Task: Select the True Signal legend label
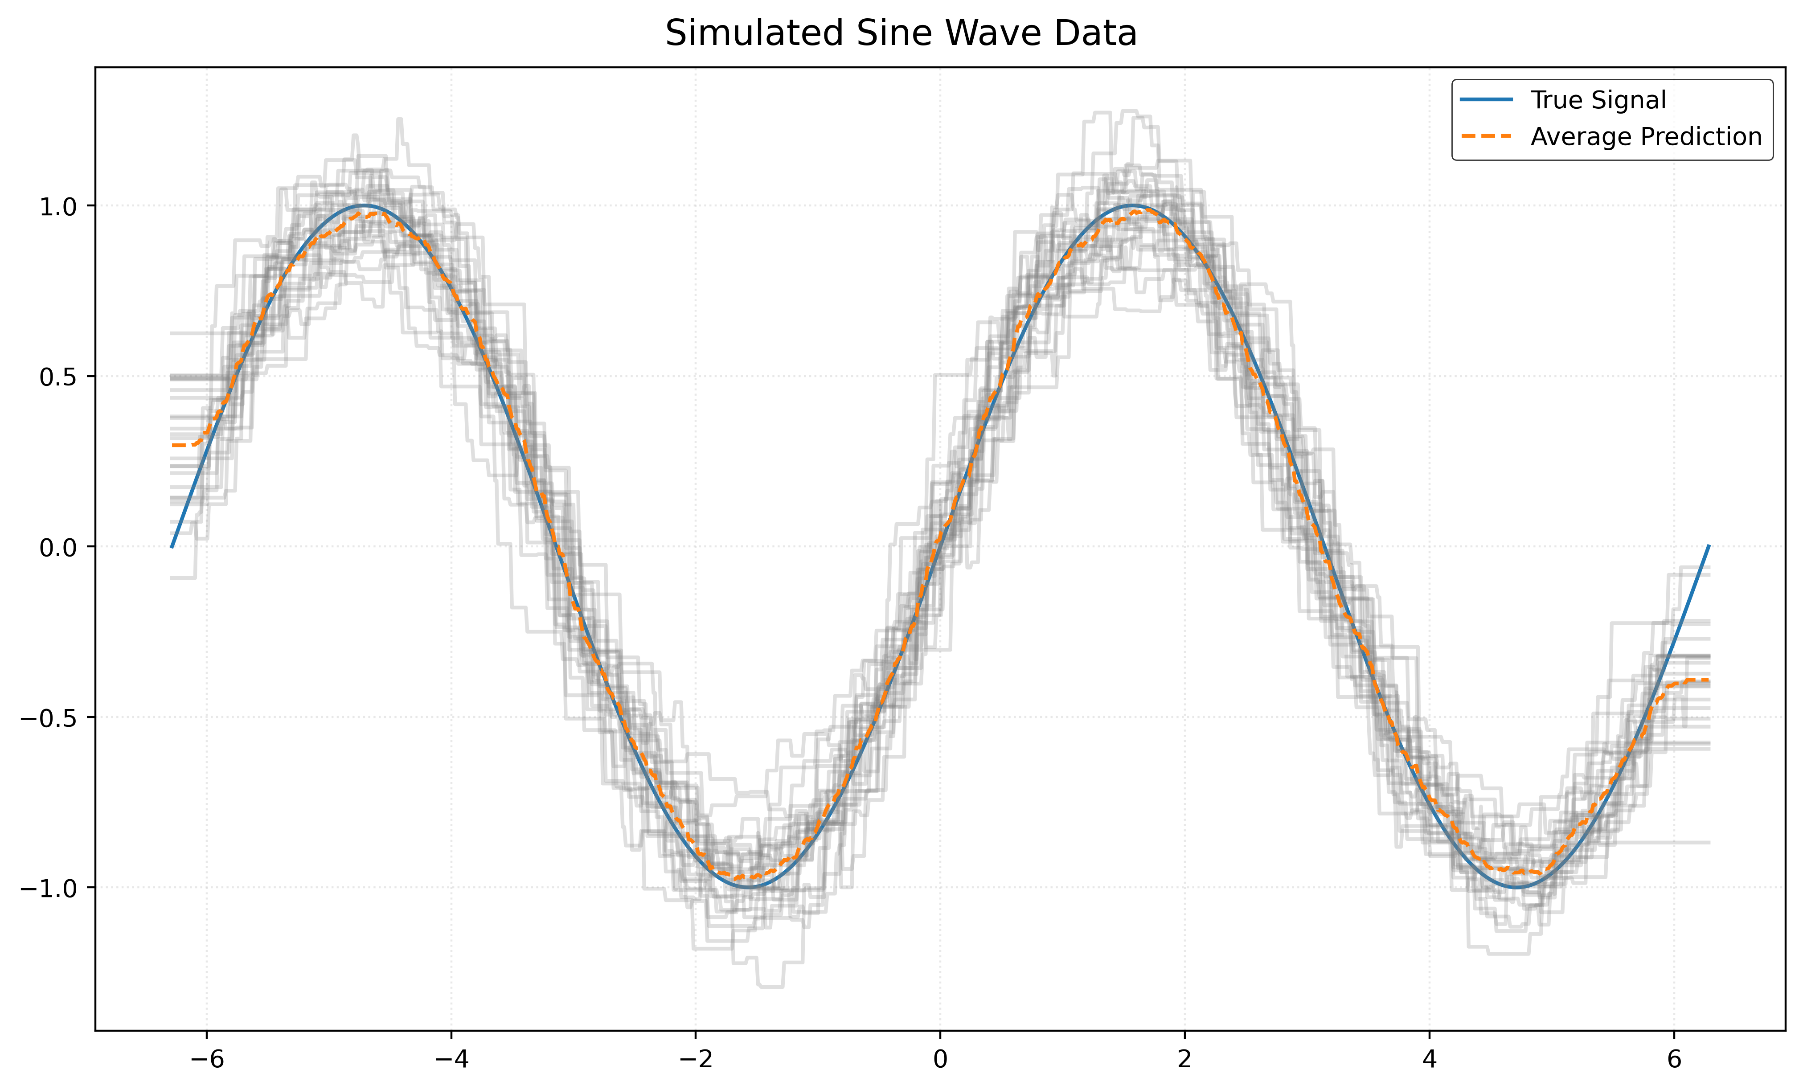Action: tap(1598, 100)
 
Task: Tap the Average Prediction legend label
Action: tap(1646, 137)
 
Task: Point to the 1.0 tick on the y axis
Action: tap(57, 206)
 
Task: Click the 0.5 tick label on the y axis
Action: tap(57, 377)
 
